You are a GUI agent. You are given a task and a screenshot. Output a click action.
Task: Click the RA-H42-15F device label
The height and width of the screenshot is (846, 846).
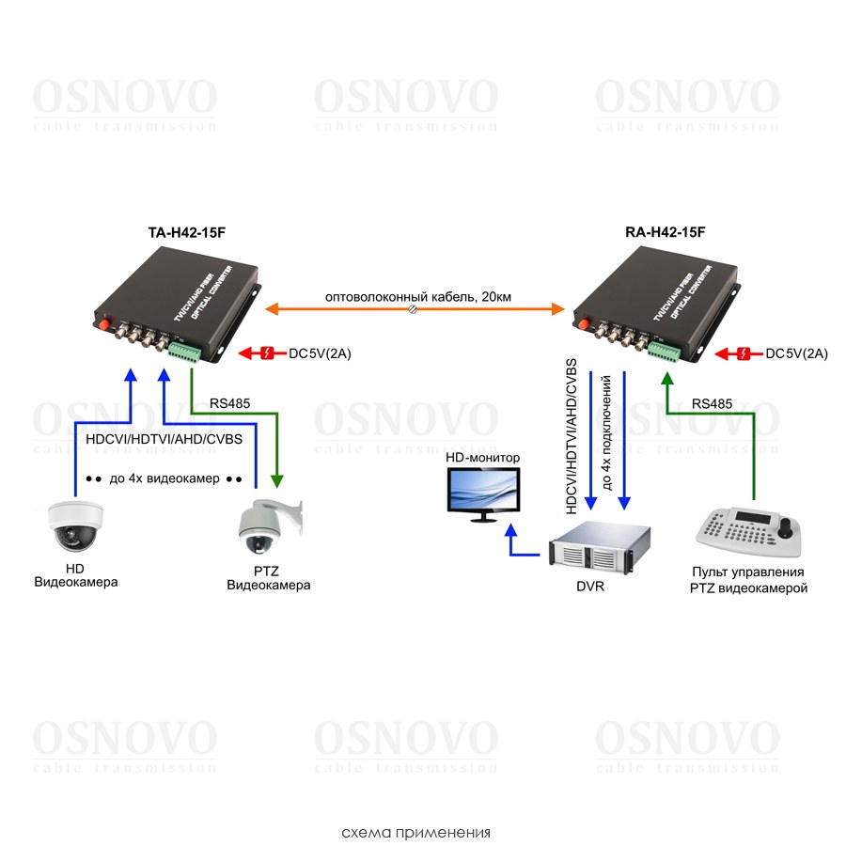click(x=665, y=231)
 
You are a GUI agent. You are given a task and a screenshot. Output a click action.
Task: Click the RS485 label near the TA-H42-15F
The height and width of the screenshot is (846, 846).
click(x=230, y=403)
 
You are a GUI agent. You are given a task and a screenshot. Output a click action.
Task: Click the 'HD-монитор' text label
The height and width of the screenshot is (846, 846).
click(x=482, y=457)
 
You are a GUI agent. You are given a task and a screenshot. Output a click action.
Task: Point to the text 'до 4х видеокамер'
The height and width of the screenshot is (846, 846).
click(x=164, y=478)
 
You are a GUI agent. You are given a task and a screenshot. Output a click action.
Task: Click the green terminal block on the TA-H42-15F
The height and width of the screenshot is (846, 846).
click(x=183, y=351)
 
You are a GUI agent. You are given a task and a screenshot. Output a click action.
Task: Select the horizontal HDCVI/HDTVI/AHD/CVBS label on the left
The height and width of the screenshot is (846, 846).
click(x=164, y=439)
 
